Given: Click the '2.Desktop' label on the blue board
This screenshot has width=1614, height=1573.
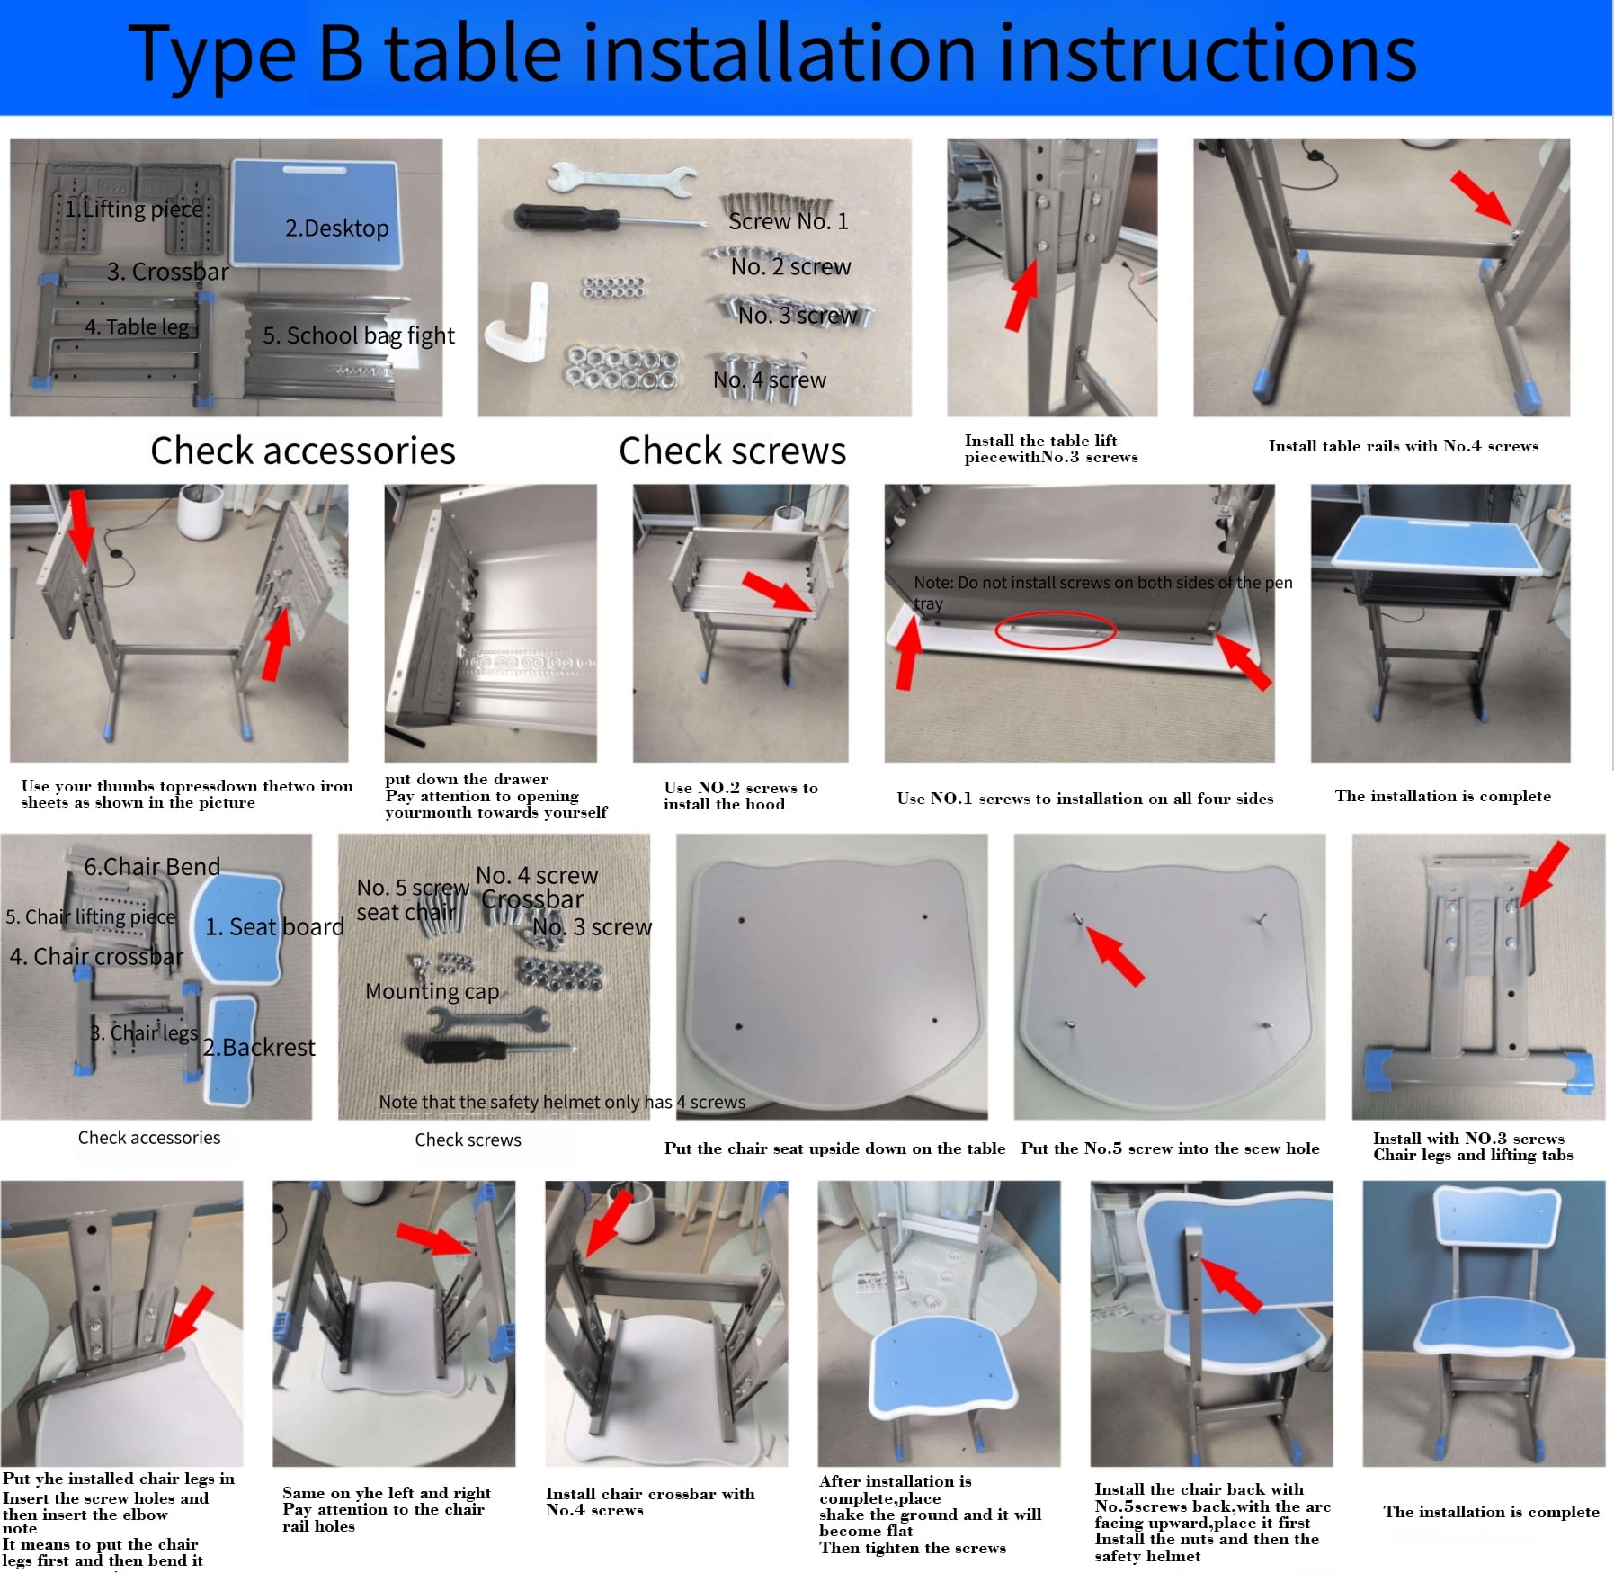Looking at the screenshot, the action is pos(337,228).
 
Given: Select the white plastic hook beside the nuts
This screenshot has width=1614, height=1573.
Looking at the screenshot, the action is pos(518,322).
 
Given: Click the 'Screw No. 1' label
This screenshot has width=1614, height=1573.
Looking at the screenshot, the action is pos(789,221).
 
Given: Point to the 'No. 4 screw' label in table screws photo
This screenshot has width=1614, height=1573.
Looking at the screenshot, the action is pos(770,380).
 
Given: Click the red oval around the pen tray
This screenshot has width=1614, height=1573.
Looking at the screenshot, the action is pos(1056,630).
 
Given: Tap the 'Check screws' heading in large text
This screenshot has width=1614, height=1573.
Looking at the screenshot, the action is pos(733,451).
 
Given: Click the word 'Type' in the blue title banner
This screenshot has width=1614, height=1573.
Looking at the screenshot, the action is pos(212,55).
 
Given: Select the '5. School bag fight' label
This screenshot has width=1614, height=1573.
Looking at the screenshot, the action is pos(359,335).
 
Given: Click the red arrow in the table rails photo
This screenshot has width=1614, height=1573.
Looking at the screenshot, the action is pos(1480,199).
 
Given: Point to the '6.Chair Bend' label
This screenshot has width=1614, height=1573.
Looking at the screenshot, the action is pos(152,866).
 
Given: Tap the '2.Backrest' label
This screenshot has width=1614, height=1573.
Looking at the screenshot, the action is pos(259,1047).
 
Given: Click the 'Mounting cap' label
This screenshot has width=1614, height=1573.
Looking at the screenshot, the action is pos(432,991).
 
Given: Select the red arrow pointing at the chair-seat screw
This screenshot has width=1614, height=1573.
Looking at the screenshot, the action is pos(1115,955).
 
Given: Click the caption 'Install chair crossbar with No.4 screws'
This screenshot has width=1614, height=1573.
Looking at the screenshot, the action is pos(650,1501).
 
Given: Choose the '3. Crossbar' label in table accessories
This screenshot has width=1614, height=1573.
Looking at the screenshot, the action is pos(168,272).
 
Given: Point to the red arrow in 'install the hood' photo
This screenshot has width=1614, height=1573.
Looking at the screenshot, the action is pos(779,593).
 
